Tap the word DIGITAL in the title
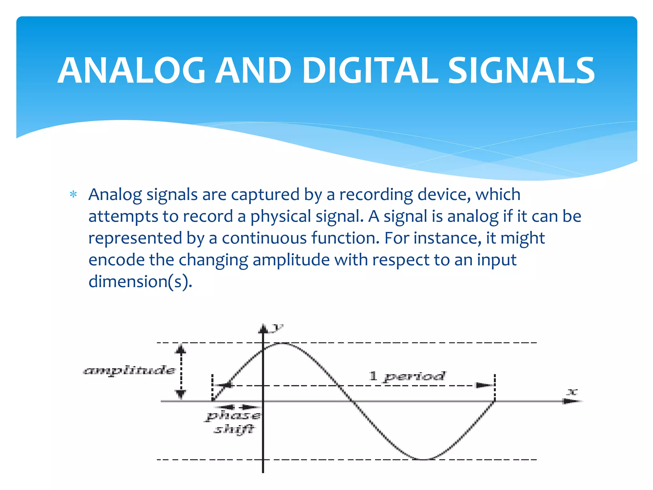click(x=370, y=71)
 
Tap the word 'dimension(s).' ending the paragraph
click(x=140, y=282)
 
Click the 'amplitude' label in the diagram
click(x=129, y=370)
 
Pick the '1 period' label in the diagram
click(x=407, y=376)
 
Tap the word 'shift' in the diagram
click(x=234, y=429)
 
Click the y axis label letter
click(x=278, y=327)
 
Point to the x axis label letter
click(x=572, y=392)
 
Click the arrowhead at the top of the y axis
click(x=263, y=329)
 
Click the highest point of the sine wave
click(x=282, y=343)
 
